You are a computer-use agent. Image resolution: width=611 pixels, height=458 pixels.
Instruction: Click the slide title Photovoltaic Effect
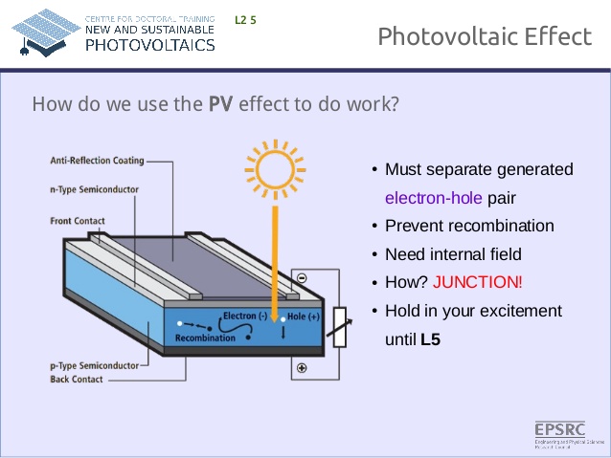[484, 36]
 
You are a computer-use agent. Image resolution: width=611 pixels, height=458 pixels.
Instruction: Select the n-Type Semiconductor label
[94, 189]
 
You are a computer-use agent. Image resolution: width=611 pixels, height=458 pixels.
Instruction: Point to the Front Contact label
[78, 222]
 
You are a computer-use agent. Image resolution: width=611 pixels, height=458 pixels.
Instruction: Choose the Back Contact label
[77, 380]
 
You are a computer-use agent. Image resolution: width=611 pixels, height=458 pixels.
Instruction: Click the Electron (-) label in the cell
[245, 315]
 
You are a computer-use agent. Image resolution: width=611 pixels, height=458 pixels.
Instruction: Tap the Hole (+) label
[304, 316]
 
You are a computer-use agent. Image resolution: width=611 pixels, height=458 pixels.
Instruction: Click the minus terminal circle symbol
[302, 278]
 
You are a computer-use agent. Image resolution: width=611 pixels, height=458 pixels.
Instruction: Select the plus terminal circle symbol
[302, 368]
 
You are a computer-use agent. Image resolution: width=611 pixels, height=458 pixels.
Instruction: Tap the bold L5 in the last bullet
[430, 338]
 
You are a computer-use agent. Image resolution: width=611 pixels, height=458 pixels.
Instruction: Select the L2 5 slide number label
[245, 19]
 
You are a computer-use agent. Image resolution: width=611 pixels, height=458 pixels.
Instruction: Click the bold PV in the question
[221, 103]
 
